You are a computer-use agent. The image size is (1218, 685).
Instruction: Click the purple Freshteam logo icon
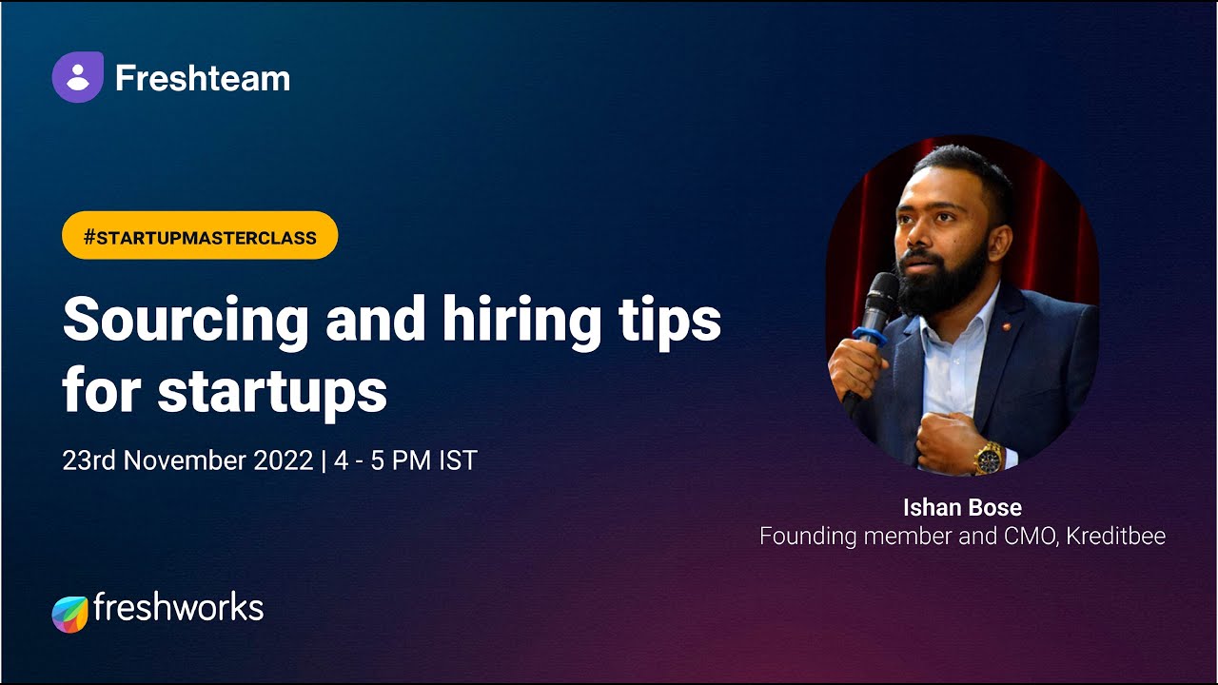77,77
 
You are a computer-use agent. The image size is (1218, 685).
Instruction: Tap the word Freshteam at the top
202,78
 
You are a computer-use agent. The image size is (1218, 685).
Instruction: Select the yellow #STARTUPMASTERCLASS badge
200,236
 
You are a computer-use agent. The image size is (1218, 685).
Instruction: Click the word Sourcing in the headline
186,322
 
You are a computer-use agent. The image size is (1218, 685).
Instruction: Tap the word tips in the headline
673,322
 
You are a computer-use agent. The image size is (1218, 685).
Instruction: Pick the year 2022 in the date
284,460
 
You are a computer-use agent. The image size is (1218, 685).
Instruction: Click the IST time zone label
457,460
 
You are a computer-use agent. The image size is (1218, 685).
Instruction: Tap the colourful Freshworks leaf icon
69,614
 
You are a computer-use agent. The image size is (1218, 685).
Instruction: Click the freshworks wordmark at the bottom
178,608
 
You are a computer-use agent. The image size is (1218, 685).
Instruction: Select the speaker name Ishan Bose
962,507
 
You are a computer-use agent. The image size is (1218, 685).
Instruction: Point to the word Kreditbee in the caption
1115,536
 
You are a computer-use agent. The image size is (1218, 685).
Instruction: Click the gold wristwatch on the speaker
988,459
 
